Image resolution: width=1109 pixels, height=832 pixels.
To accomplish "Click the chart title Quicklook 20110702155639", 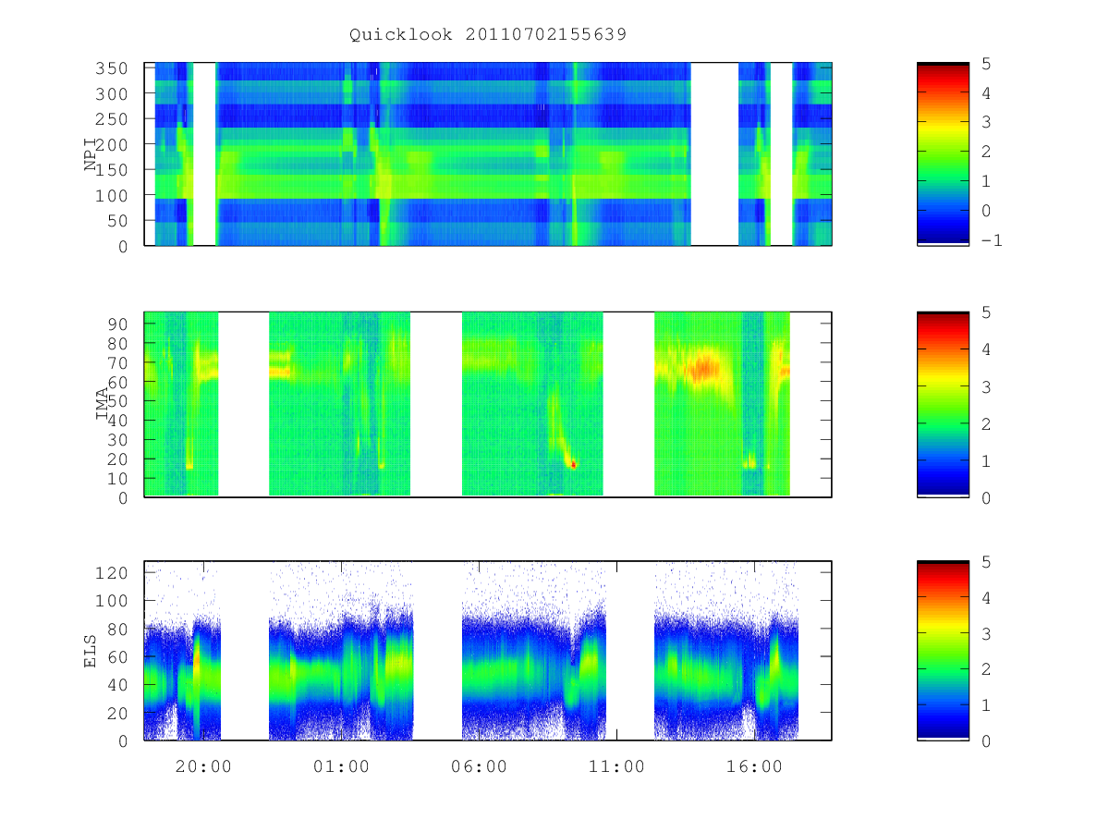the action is (488, 34).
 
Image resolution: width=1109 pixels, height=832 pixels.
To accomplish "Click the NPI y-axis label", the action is (91, 154).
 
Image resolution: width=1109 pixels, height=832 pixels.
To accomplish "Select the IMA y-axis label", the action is (102, 404).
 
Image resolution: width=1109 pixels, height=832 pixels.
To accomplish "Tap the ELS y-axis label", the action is (91, 651).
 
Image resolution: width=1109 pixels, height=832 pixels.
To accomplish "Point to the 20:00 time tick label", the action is (203, 766).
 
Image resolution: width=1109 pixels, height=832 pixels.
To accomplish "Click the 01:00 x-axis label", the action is (341, 766).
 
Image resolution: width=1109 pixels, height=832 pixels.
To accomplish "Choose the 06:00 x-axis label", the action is (479, 766).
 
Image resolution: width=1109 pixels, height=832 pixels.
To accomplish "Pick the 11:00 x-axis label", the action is (616, 766).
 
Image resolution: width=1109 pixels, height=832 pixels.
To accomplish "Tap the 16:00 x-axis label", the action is (754, 766).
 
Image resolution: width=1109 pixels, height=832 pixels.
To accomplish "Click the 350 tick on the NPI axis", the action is (111, 68).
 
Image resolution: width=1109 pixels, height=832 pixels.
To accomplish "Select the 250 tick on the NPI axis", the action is (111, 119).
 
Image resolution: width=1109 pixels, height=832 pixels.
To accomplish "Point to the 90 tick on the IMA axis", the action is (117, 324).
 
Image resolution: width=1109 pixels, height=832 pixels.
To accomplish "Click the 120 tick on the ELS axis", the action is (111, 573).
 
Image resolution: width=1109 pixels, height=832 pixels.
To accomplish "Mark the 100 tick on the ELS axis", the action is (111, 601).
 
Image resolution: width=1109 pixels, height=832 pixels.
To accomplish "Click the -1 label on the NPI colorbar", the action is (992, 240).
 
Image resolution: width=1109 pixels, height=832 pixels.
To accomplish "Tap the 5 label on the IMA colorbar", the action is (986, 312).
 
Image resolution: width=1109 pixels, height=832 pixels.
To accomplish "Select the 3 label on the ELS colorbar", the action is (986, 634).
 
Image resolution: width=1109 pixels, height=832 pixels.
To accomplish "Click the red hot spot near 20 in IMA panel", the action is (574, 464).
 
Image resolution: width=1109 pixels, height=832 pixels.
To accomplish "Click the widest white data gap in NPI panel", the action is (714, 154).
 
